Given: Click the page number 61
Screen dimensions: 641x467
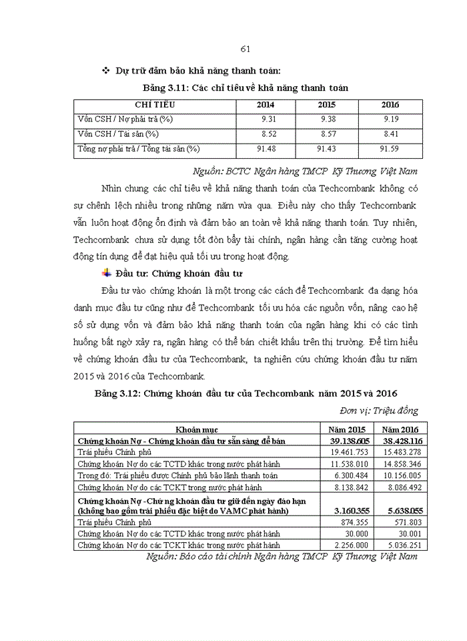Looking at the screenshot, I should [244, 49].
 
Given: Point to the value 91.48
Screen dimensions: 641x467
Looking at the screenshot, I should [265, 148].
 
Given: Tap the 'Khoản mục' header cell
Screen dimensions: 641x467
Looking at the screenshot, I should [197, 429].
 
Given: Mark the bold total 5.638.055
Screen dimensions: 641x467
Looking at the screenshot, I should [399, 510].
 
